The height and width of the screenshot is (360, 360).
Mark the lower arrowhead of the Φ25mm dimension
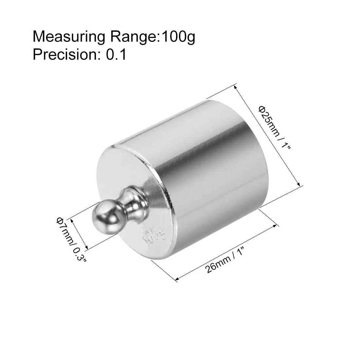pos(298,185)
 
